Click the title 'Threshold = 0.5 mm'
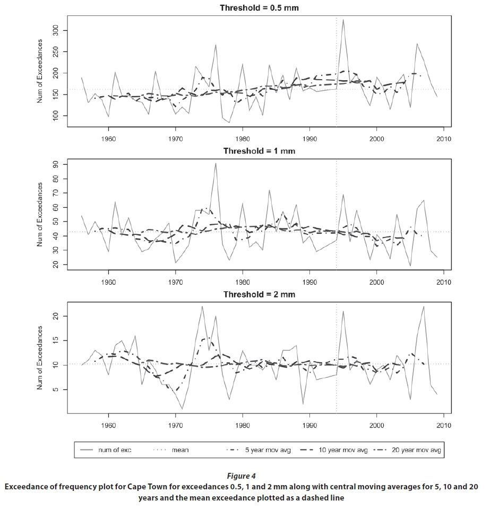(255, 8)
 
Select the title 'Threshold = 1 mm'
(259, 151)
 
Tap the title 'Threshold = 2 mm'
(259, 294)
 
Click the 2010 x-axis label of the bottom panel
(444, 426)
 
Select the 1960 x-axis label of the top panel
(109, 139)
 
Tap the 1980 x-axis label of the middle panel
(243, 282)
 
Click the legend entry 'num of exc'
(115, 450)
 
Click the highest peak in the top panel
(343, 20)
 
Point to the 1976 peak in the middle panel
(216, 164)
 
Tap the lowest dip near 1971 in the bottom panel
(182, 409)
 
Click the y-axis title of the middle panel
(40, 214)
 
